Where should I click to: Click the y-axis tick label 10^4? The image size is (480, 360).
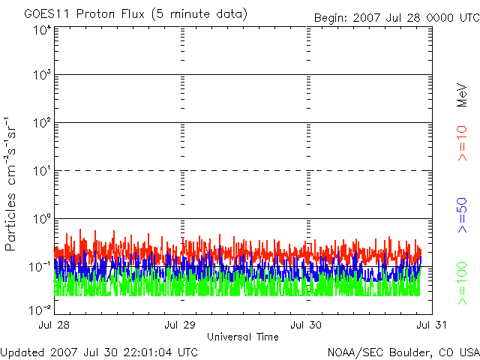point(41,30)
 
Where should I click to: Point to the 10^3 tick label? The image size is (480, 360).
point(41,76)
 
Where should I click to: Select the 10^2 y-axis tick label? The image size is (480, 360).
point(41,124)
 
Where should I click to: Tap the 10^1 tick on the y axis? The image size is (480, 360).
point(41,172)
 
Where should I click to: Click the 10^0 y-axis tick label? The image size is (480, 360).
point(41,220)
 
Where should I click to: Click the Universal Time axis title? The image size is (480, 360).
point(243,337)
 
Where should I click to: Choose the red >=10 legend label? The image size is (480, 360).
point(462,143)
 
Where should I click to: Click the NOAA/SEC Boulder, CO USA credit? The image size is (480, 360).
point(403,352)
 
